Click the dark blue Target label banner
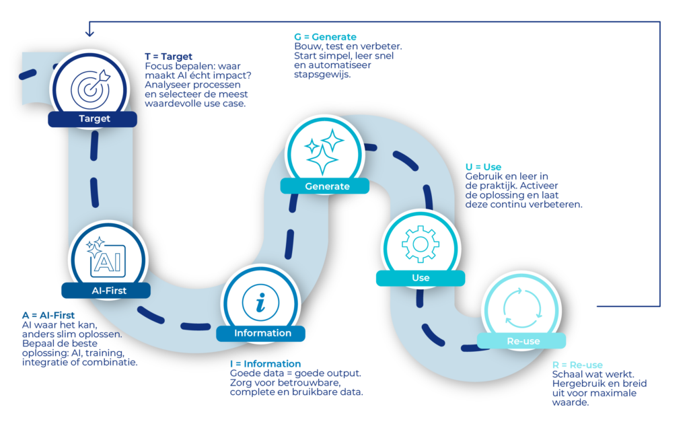pos(92,118)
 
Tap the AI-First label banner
pos(106,291)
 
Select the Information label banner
pos(260,333)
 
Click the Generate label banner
pos(325,186)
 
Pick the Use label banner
pos(421,278)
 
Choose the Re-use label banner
pos(521,341)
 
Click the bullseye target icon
pos(91,89)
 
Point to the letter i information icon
pos(260,302)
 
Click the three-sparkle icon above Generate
pos(325,152)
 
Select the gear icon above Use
pos(421,244)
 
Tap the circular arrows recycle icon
pos(522,308)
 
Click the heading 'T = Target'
pos(169,57)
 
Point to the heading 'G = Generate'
pos(325,37)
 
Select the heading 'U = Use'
pos(483,167)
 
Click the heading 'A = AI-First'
pos(48,315)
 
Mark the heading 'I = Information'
pos(265,364)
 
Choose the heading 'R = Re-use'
pos(577,365)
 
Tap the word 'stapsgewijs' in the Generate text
pos(322,75)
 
